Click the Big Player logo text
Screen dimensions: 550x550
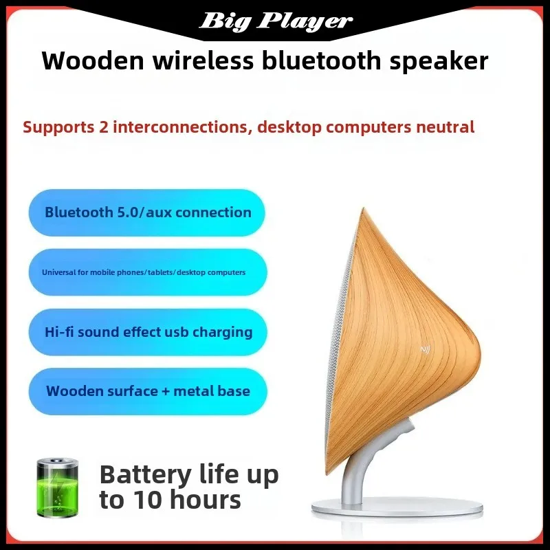tap(276, 21)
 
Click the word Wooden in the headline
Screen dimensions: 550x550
tap(93, 60)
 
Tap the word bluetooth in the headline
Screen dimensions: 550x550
tap(321, 60)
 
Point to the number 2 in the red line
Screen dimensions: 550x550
tap(104, 127)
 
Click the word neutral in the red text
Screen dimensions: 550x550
tap(445, 126)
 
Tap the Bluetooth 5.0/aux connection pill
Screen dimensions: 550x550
tap(146, 212)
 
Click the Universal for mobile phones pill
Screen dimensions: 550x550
tap(147, 272)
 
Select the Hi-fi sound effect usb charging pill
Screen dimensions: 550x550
tap(147, 332)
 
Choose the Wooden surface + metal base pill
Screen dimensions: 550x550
tap(147, 391)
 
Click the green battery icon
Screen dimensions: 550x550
tap(57, 487)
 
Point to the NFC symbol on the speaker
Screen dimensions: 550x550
tap(425, 349)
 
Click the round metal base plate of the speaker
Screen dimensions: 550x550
tap(397, 508)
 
